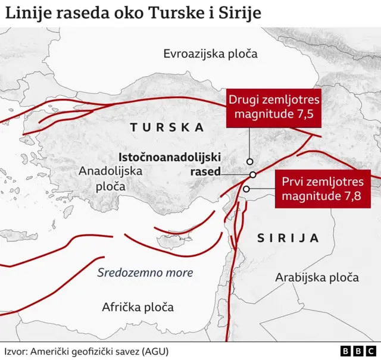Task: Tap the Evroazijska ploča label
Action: click(210, 54)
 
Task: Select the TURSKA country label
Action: click(167, 127)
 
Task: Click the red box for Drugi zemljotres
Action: click(274, 108)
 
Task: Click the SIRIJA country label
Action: click(288, 239)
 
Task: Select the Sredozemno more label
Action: click(145, 273)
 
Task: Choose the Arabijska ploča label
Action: click(317, 277)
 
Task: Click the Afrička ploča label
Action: click(138, 307)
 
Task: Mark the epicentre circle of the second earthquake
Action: click(250, 161)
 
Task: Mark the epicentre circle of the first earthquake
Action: click(246, 189)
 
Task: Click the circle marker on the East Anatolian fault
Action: click(253, 174)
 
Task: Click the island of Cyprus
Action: click(172, 241)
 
